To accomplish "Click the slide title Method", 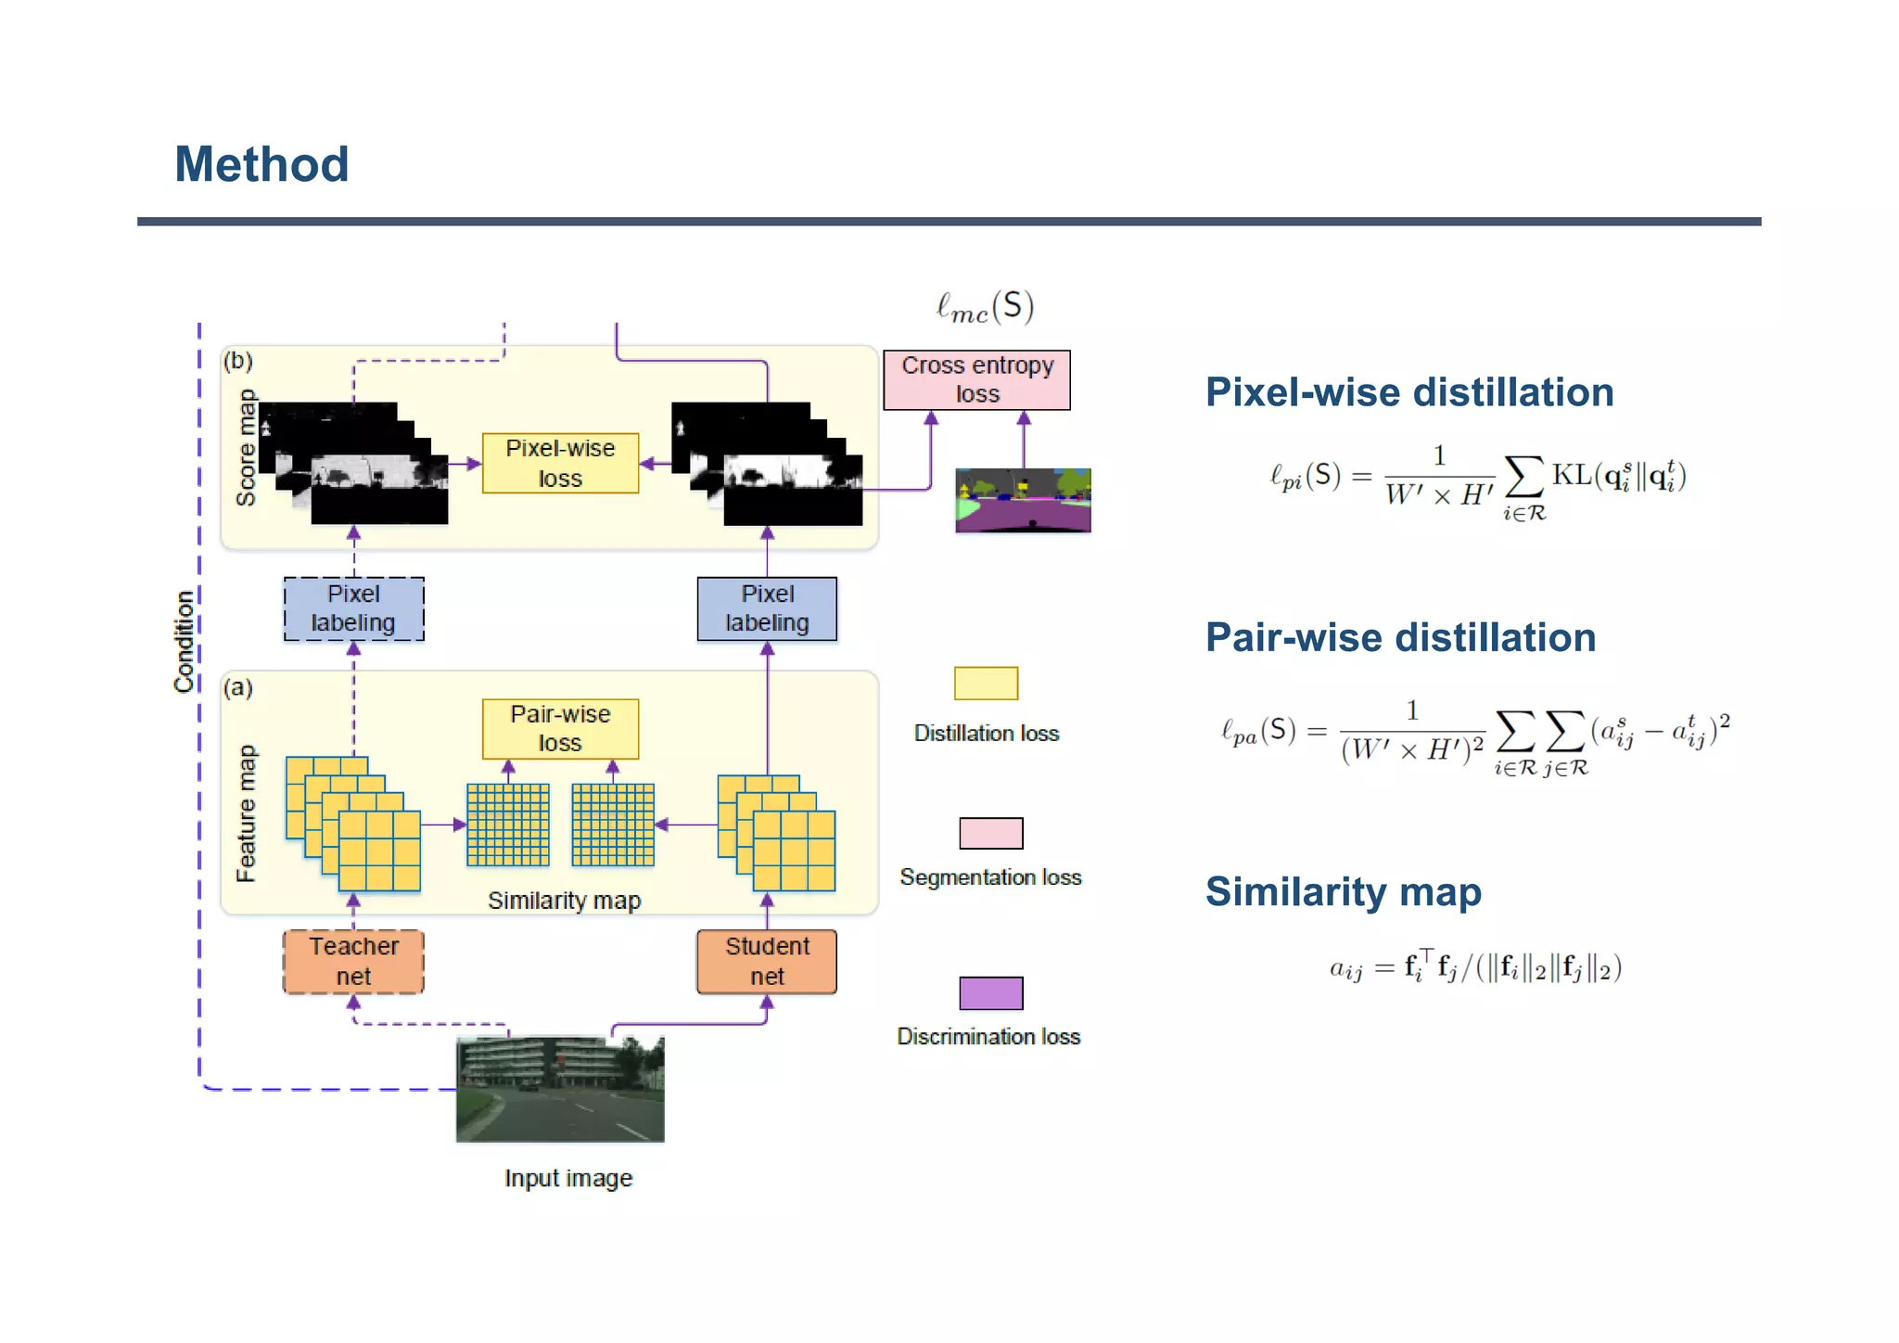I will point(261,165).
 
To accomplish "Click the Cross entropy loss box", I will point(976,379).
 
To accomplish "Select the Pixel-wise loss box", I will point(560,463).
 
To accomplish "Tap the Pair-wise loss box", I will point(560,728).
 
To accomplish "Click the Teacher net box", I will point(353,962).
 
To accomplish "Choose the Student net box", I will point(767,962).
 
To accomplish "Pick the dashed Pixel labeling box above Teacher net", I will point(353,608).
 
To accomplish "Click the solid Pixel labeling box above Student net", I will point(767,608).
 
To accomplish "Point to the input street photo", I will point(560,1089).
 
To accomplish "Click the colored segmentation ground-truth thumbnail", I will point(1023,500).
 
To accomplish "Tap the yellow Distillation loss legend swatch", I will point(986,684).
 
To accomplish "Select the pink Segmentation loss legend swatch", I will point(990,833).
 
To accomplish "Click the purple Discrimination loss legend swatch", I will point(990,992).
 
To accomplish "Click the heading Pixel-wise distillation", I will point(1408,392).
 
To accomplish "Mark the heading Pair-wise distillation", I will point(1400,638).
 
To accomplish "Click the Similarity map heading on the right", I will point(1343,892).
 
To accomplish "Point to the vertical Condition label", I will point(184,641).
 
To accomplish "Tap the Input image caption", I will point(568,1178).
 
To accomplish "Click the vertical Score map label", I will point(246,448).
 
